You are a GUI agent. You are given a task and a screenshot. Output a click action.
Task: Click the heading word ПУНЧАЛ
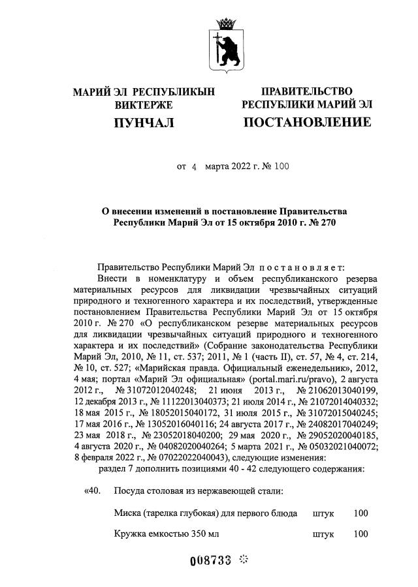coord(144,122)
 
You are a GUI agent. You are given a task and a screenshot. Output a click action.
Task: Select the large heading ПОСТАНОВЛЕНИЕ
coord(307,122)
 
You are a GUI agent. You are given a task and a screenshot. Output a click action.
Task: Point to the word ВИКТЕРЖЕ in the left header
coord(144,104)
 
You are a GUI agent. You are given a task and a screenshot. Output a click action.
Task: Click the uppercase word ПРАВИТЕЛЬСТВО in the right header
coord(307,91)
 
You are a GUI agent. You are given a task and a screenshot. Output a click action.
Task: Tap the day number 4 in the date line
coord(193,167)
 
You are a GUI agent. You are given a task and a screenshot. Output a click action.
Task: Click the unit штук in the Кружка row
coord(323,535)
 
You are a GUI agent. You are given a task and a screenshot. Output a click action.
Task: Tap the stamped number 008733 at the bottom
coord(210,561)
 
